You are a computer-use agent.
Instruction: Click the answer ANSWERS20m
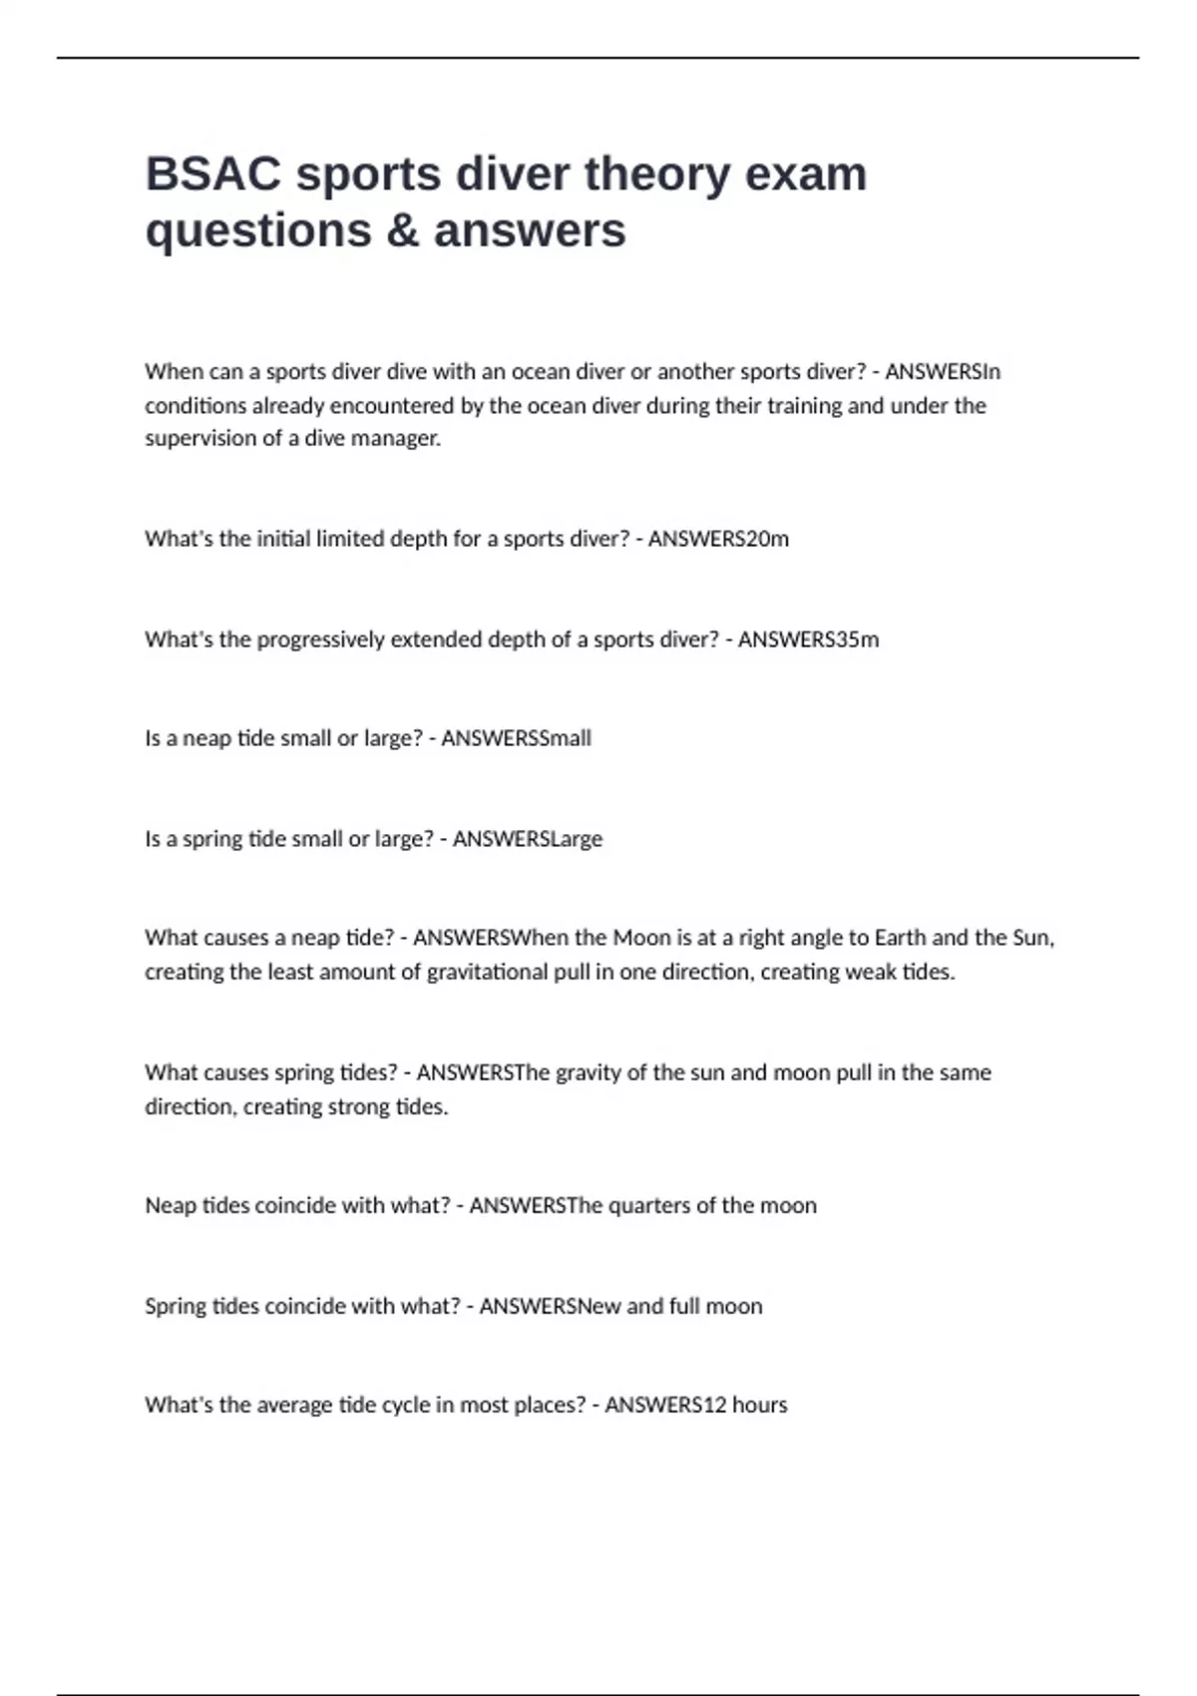[718, 539]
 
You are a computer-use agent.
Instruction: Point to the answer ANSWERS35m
[808, 639]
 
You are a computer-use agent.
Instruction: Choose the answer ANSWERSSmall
[516, 738]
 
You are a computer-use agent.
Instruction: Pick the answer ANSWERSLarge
[527, 839]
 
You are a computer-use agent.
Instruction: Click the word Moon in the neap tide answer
[641, 938]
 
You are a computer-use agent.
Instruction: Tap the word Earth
[901, 938]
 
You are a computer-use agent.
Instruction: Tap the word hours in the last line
[760, 1405]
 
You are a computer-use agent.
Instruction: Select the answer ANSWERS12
[665, 1405]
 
